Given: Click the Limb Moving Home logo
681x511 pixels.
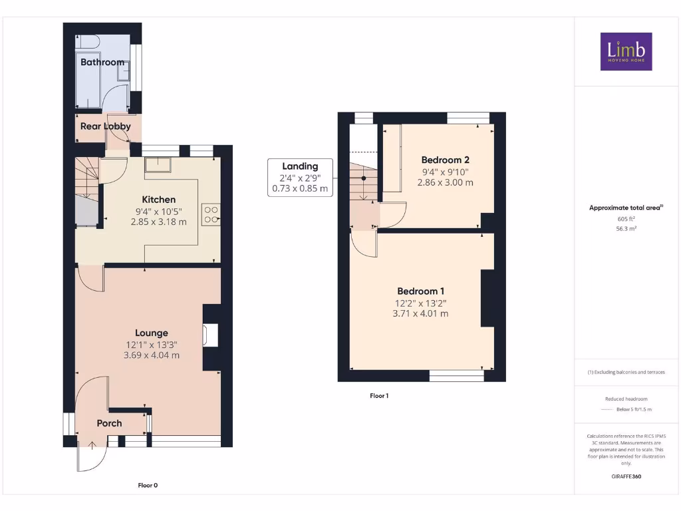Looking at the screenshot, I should tap(626, 51).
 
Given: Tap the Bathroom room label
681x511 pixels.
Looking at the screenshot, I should tap(102, 62).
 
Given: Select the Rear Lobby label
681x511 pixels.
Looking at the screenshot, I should tap(105, 126).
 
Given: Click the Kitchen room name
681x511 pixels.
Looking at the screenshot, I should tap(159, 199).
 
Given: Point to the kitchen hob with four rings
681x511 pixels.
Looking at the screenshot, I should tap(211, 213).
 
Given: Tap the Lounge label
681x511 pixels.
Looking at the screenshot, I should tap(152, 333).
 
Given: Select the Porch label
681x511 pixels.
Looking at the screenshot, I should tap(109, 423).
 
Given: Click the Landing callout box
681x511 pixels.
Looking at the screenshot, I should tap(300, 177).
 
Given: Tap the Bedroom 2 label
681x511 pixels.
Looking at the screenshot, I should tap(445, 160).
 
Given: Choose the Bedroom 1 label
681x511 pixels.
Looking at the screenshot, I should tap(420, 291).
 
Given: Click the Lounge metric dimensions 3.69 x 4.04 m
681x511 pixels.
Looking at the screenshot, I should tap(152, 355).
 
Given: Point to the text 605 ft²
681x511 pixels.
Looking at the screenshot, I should tap(626, 218).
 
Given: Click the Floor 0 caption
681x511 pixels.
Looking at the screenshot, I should tap(148, 485).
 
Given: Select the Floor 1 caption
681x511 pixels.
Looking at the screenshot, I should tap(379, 396).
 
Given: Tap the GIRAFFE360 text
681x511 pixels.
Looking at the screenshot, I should tap(626, 476).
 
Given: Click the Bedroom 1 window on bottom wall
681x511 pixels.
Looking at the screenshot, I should tap(456, 377).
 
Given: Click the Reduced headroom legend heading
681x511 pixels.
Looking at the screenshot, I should tap(626, 399).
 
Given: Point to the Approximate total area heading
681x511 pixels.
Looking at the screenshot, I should tap(626, 208).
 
